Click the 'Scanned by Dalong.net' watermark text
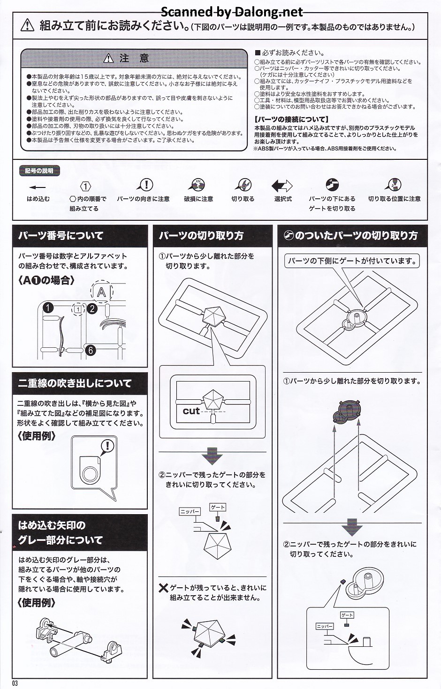(232, 11)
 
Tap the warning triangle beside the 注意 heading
(109, 59)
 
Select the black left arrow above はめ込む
(38, 186)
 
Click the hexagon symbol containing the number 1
(85, 187)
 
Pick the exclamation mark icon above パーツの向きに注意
(146, 185)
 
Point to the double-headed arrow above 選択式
(281, 186)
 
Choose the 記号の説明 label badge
(39, 171)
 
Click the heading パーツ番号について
(61, 236)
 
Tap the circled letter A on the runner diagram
(101, 292)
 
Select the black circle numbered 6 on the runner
(91, 350)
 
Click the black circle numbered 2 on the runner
(92, 308)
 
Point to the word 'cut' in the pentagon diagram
(191, 411)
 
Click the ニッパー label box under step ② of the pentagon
(190, 512)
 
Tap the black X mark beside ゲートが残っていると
(163, 588)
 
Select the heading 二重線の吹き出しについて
(75, 383)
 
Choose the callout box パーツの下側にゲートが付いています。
(352, 261)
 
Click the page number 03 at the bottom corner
(15, 683)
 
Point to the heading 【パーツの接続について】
(291, 120)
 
